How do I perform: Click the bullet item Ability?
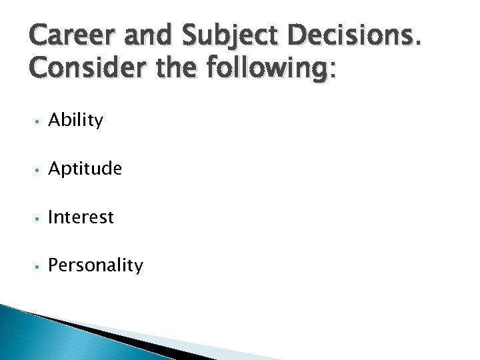coord(76,121)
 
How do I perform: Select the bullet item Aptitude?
coord(85,169)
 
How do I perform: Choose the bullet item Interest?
coord(81,217)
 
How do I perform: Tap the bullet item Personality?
coord(96,266)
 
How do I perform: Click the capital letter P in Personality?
coord(53,265)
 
